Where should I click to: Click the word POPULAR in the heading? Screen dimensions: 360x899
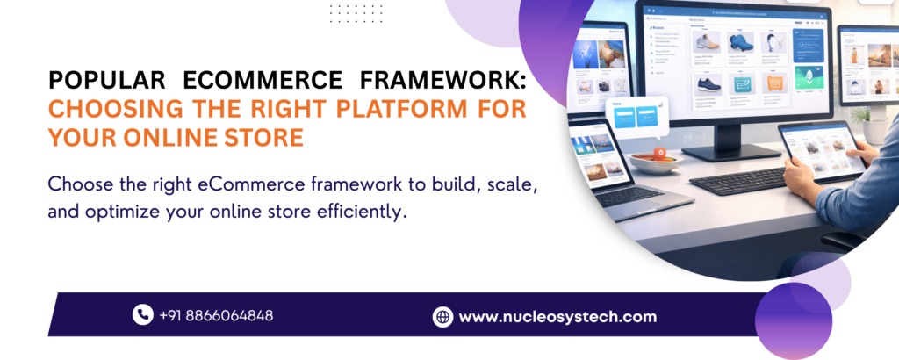coord(103,82)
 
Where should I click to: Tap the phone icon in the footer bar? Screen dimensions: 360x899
coord(142,314)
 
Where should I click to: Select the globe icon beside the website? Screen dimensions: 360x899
coord(442,317)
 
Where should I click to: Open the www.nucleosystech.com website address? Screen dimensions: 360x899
coord(557,317)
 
